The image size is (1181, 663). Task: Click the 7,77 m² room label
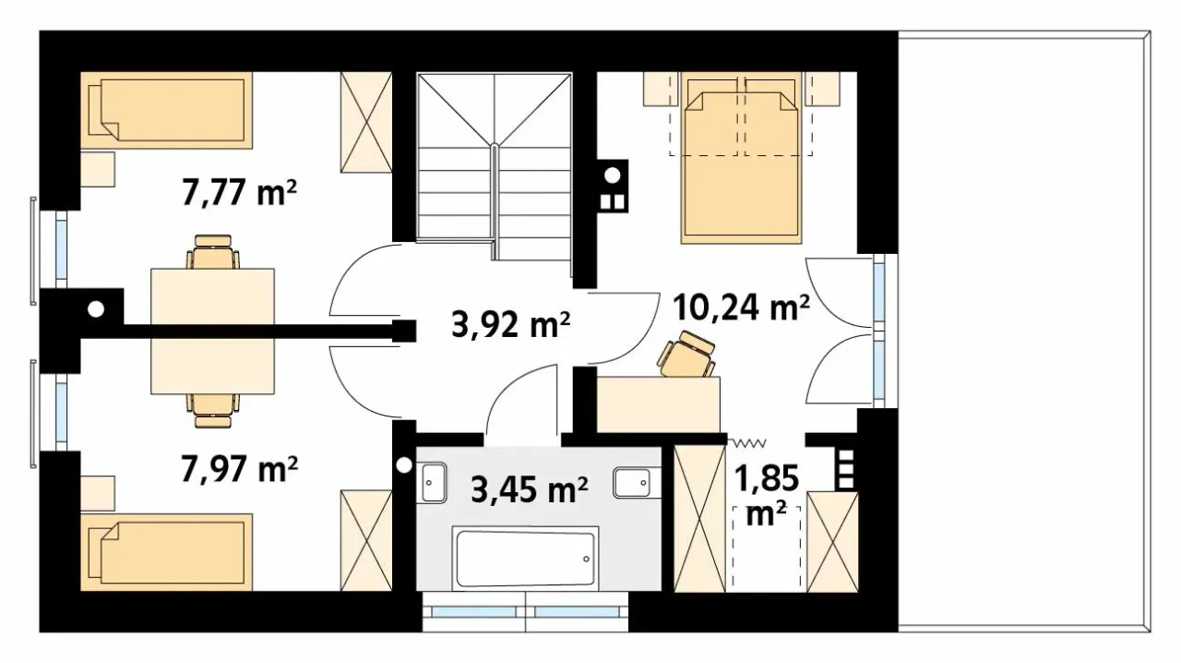pos(239,192)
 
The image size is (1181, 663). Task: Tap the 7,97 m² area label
pos(239,469)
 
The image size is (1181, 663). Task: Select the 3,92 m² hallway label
pos(511,324)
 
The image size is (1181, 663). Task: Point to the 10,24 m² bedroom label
pos(741,307)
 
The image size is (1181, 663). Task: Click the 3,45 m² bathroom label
pos(530,489)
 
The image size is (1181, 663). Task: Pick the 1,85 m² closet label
pos(767,495)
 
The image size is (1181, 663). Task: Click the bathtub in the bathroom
pos(525,559)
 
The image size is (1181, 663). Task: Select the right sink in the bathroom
pos(633,482)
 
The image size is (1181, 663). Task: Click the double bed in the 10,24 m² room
pos(741,158)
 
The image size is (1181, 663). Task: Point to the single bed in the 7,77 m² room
pos(167,110)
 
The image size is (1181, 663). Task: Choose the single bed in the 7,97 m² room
pos(167,552)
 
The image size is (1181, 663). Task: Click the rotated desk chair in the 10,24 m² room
pos(686,356)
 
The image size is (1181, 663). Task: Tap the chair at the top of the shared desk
pos(213,252)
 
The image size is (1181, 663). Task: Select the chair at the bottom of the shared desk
pos(213,411)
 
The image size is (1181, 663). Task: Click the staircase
pos(494,167)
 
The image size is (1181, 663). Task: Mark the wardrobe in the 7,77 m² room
pos(366,123)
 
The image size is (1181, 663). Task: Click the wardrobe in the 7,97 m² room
pos(366,540)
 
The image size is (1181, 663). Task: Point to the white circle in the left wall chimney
pos(96,309)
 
